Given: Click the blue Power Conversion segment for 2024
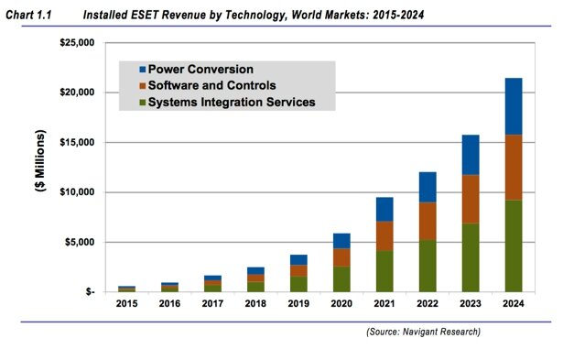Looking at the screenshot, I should [514, 106].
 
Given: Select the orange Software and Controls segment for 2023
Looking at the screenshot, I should [470, 199].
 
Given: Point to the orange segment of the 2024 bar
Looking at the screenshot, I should [514, 173].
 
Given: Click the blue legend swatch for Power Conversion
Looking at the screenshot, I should [142, 70].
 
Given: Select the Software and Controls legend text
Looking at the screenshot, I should [211, 85].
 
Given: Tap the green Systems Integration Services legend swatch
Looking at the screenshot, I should [142, 103].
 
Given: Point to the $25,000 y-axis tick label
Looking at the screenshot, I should [76, 43].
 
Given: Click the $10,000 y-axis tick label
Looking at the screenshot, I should [76, 192].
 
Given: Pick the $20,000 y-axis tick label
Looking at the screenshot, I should [76, 93].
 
